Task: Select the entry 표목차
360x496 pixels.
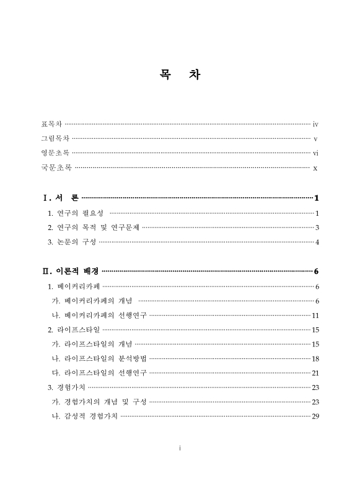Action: [x=51, y=125]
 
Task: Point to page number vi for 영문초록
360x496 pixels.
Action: [x=315, y=153]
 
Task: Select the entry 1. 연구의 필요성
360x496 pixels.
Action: [x=76, y=213]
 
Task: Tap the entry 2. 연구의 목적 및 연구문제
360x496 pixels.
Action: [x=94, y=228]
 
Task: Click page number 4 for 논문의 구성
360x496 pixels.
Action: [x=317, y=242]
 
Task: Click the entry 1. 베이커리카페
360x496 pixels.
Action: [x=74, y=286]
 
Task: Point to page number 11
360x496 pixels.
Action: [x=315, y=315]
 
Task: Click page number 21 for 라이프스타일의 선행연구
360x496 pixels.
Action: [x=315, y=373]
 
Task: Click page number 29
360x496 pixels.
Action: [x=315, y=416]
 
